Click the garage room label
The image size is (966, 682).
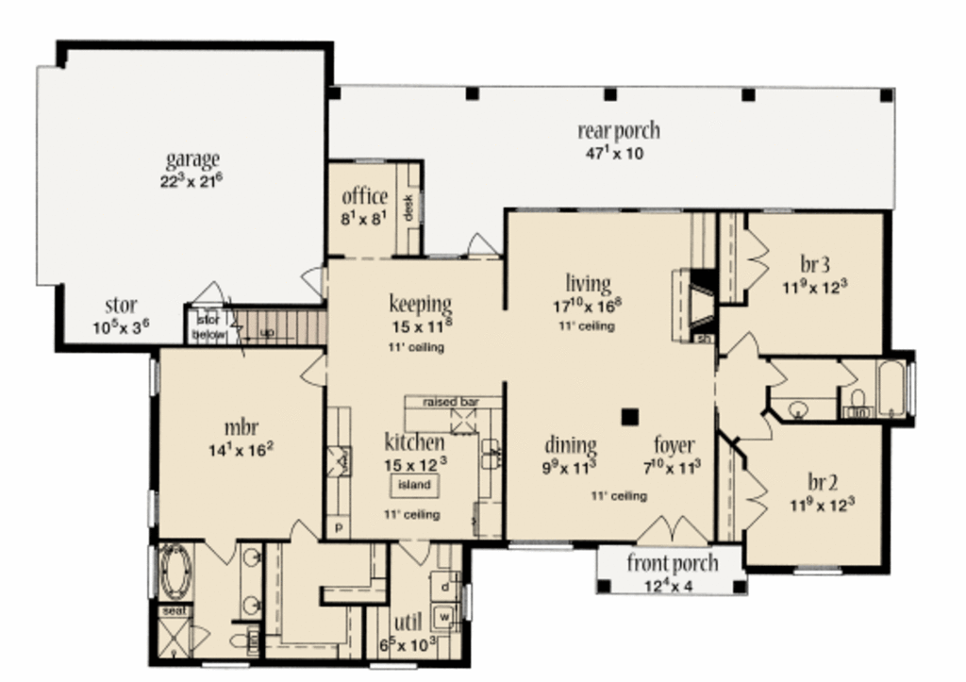(192, 158)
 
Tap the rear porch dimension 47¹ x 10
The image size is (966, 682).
(614, 153)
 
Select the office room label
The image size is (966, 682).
(364, 196)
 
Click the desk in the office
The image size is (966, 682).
(408, 208)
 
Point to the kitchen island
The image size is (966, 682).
(413, 485)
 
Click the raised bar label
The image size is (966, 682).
(449, 402)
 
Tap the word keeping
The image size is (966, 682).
(420, 304)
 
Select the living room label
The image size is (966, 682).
(588, 283)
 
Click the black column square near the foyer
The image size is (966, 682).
(629, 415)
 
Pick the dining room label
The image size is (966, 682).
(571, 444)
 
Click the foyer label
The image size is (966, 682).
(675, 444)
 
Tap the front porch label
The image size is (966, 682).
(672, 564)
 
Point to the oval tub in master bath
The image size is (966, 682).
(175, 571)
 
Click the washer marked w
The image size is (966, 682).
(441, 618)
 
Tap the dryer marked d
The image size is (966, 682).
(442, 586)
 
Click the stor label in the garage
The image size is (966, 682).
(121, 306)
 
